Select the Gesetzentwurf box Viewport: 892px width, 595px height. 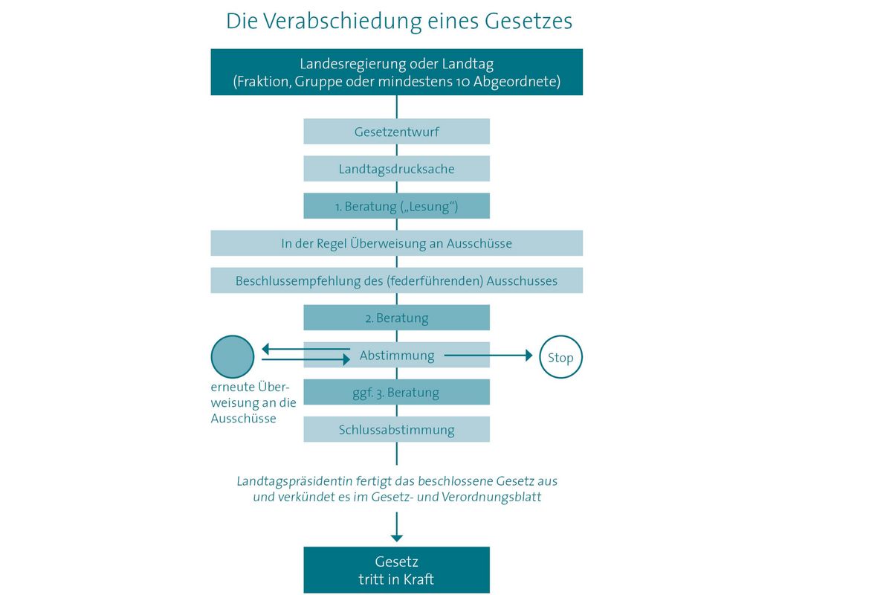[x=397, y=131]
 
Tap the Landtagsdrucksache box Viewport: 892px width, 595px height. [x=397, y=169]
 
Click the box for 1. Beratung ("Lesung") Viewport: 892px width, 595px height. [x=397, y=205]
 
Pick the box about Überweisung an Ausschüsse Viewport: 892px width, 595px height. [x=397, y=242]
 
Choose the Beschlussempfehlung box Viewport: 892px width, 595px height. [x=397, y=280]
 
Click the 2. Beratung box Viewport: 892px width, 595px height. [x=397, y=318]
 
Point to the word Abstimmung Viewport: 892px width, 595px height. [x=397, y=355]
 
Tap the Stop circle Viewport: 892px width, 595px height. [x=560, y=357]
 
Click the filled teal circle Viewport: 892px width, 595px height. [x=233, y=357]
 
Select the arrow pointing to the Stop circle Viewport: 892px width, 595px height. [x=488, y=355]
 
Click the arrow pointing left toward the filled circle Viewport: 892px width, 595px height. [x=306, y=349]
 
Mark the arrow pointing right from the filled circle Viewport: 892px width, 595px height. [x=306, y=359]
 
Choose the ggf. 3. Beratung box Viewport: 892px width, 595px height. [x=397, y=392]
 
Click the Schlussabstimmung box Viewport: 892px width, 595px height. [x=397, y=429]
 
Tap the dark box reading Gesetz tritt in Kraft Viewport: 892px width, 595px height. [x=397, y=570]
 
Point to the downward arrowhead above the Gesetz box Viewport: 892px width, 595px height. [x=397, y=538]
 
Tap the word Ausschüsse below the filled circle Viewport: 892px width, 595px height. [x=243, y=419]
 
